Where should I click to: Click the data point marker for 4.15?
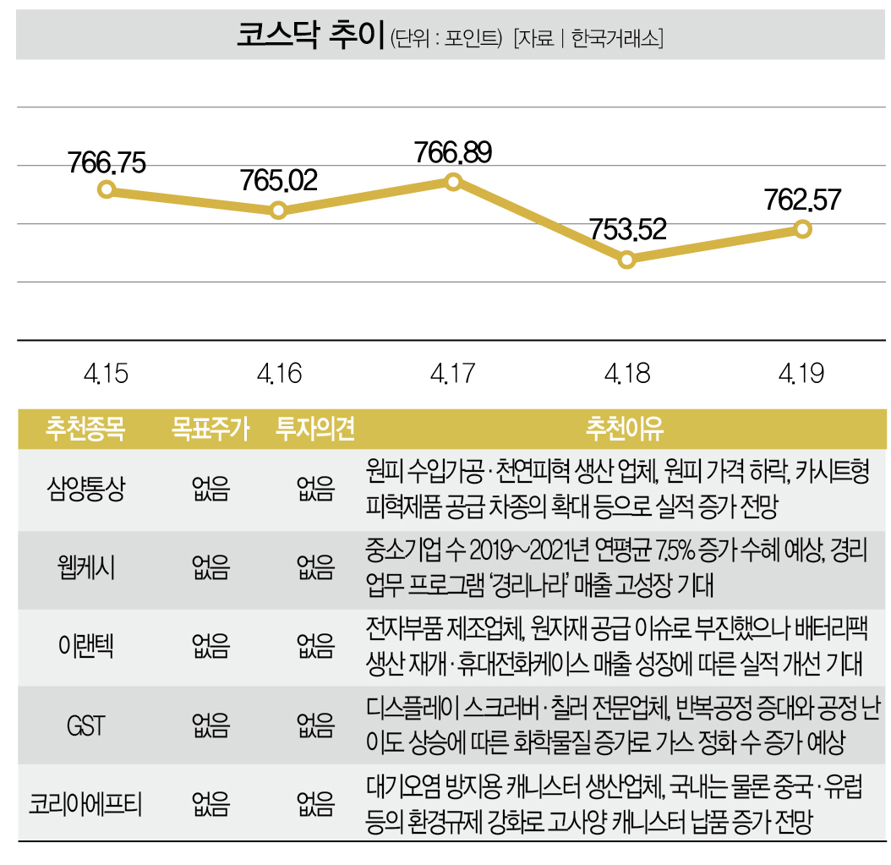pyautogui.click(x=107, y=189)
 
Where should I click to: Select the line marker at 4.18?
pyautogui.click(x=626, y=260)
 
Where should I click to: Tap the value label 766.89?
pyautogui.click(x=454, y=153)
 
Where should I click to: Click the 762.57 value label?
pyautogui.click(x=803, y=200)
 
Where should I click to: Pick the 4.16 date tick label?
pyautogui.click(x=279, y=374)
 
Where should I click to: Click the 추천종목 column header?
pyautogui.click(x=85, y=430)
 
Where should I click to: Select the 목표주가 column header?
pyautogui.click(x=210, y=430)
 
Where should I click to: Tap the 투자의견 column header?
pyautogui.click(x=314, y=430)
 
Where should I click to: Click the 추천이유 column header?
pyautogui.click(x=624, y=430)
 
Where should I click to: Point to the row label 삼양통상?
pyautogui.click(x=85, y=490)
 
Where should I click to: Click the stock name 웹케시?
pyautogui.click(x=85, y=569)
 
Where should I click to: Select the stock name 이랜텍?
pyautogui.click(x=85, y=648)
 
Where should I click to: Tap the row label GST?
pyautogui.click(x=85, y=726)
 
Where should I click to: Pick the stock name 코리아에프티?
pyautogui.click(x=85, y=804)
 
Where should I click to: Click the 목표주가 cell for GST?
pyautogui.click(x=210, y=726)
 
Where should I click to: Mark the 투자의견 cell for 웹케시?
pyautogui.click(x=314, y=569)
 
